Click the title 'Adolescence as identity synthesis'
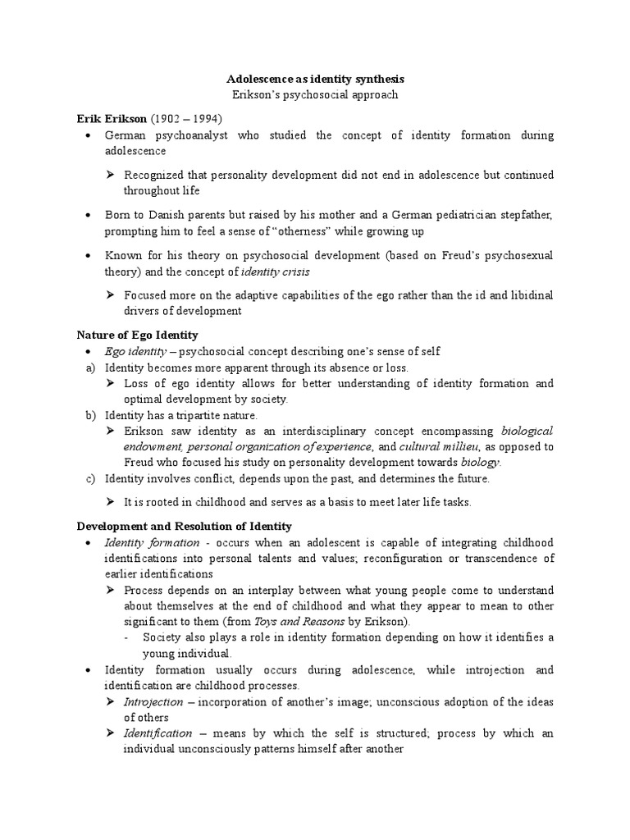tap(315, 80)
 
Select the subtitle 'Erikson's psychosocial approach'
tap(315, 95)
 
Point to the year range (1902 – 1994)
tap(186, 118)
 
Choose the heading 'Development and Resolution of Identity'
tap(184, 526)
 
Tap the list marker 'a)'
tap(91, 367)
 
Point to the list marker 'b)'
tap(91, 415)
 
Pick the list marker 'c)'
tap(91, 478)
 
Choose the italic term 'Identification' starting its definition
tap(158, 733)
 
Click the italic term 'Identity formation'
tap(152, 542)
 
